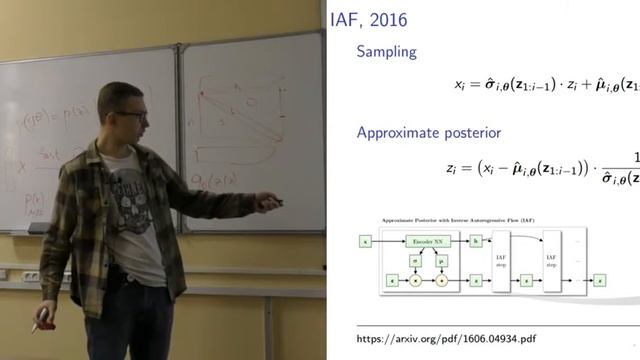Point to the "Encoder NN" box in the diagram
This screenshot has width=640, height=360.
425,242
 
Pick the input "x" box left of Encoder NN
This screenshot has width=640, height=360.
366,242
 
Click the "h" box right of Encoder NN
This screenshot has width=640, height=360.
476,242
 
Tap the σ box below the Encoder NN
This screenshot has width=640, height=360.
414,262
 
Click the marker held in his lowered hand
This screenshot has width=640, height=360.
38,325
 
